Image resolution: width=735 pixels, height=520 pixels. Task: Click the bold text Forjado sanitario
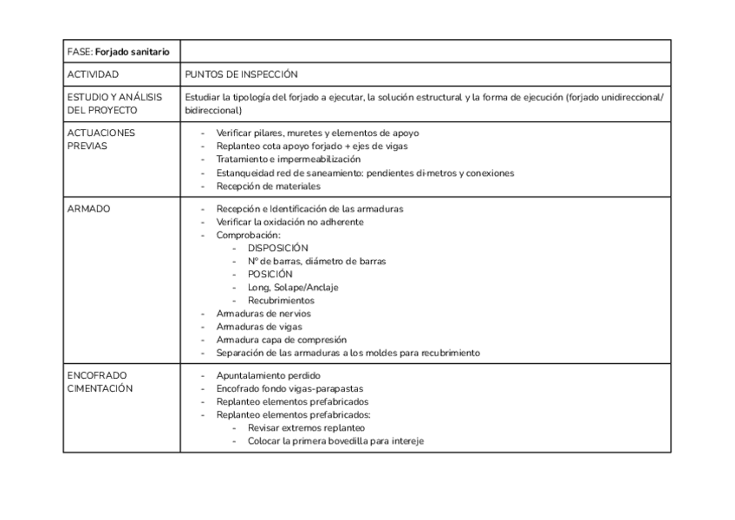pyautogui.click(x=132, y=53)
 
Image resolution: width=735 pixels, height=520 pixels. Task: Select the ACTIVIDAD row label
pyautogui.click(x=93, y=75)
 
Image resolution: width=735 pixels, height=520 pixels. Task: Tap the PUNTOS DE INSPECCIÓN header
pyautogui.click(x=241, y=75)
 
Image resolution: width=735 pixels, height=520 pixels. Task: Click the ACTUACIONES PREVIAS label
pyautogui.click(x=101, y=140)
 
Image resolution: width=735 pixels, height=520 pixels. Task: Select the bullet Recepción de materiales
pyautogui.click(x=268, y=185)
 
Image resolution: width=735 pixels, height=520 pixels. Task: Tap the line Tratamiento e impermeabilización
pyautogui.click(x=288, y=159)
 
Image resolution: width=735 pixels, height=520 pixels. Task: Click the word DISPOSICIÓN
pyautogui.click(x=277, y=248)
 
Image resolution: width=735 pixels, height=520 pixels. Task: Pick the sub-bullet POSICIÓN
pyautogui.click(x=271, y=274)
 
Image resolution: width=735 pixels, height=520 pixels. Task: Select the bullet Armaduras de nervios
pyautogui.click(x=263, y=313)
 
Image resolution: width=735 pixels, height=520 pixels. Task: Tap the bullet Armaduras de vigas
pyautogui.click(x=259, y=327)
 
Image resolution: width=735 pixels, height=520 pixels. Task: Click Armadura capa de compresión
pyautogui.click(x=281, y=340)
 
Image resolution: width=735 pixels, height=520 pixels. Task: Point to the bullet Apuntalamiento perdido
pyautogui.click(x=268, y=375)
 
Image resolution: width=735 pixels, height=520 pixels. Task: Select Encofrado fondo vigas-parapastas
pyautogui.click(x=289, y=389)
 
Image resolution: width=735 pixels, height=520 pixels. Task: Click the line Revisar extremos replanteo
pyautogui.click(x=306, y=428)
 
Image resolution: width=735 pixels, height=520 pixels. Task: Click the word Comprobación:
pyautogui.click(x=248, y=235)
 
